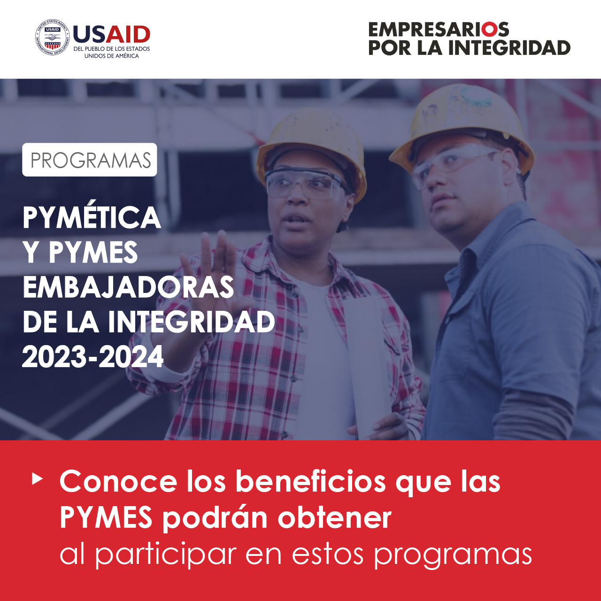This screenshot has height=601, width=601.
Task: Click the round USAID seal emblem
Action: tap(53, 38)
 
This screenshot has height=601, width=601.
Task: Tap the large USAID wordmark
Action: tap(112, 34)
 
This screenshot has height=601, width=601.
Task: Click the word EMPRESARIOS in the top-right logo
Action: tap(439, 30)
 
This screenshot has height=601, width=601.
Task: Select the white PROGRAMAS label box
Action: tap(90, 159)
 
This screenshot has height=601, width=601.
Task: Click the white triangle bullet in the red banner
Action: tap(37, 479)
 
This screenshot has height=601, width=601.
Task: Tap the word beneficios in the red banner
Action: tap(311, 481)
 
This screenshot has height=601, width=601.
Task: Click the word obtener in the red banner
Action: tap(334, 518)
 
